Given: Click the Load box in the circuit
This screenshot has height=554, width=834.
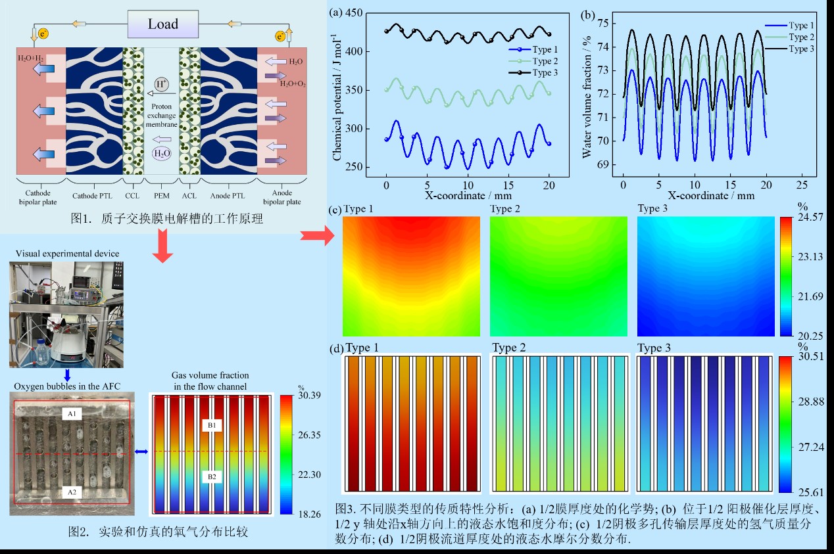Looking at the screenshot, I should pyautogui.click(x=162, y=24).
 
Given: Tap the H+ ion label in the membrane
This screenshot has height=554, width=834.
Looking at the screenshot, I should pyautogui.click(x=160, y=83).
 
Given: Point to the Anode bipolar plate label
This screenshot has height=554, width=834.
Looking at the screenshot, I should pyautogui.click(x=282, y=197).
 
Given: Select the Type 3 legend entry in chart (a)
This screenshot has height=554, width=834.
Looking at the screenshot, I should pyautogui.click(x=545, y=72).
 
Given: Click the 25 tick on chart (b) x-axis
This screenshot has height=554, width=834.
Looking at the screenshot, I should pyautogui.click(x=801, y=185).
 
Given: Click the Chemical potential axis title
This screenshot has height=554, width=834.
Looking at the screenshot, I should pyautogui.click(x=337, y=104).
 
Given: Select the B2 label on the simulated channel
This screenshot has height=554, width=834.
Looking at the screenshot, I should pyautogui.click(x=211, y=476).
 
